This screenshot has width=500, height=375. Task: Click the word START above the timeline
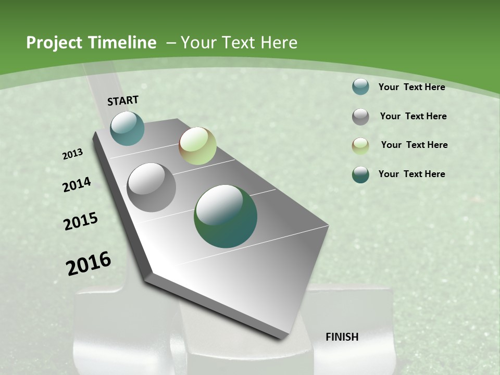(x=123, y=100)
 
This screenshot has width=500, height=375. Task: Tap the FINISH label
(x=342, y=337)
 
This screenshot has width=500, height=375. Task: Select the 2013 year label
(x=73, y=154)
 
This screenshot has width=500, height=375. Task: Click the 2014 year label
(x=77, y=185)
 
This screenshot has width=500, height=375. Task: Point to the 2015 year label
(x=81, y=221)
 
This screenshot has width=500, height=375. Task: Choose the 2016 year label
(x=89, y=264)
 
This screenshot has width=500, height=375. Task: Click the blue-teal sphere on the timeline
(x=127, y=128)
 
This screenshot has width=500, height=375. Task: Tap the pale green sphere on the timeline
(x=197, y=146)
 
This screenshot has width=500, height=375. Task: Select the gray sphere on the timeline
(x=151, y=187)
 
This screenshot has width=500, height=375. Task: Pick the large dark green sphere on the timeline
(x=226, y=216)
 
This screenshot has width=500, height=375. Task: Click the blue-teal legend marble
(x=360, y=86)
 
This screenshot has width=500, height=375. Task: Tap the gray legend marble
(x=360, y=117)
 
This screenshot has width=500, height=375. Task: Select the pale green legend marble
(x=360, y=146)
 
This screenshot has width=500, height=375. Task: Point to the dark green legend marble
(x=360, y=174)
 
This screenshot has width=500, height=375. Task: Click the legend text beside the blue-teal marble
(x=411, y=87)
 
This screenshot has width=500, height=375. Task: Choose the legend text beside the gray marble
(x=413, y=116)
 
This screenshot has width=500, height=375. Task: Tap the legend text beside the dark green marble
(x=411, y=174)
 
